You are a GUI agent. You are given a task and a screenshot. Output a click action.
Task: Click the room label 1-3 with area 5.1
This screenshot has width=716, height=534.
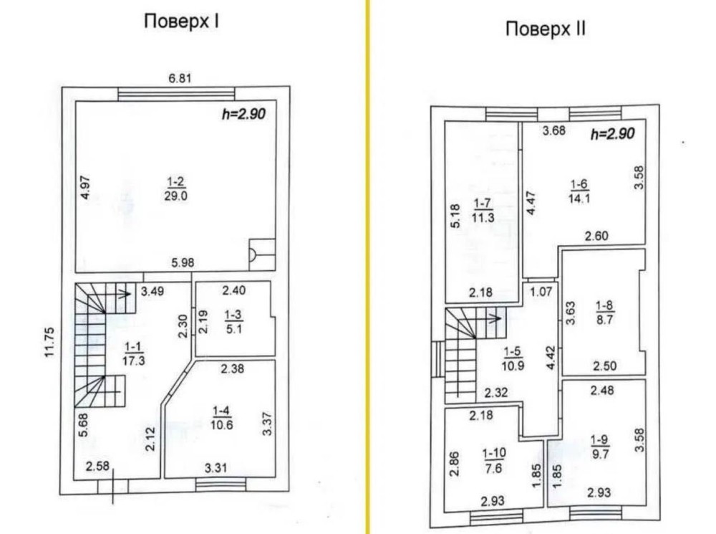[233, 320]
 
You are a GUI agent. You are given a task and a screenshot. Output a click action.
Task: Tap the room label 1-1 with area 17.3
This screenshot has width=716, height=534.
[134, 353]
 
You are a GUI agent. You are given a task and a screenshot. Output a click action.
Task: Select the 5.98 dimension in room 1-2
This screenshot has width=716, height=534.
[183, 263]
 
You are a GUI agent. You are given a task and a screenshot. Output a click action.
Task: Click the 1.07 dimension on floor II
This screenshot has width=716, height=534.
[541, 292]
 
